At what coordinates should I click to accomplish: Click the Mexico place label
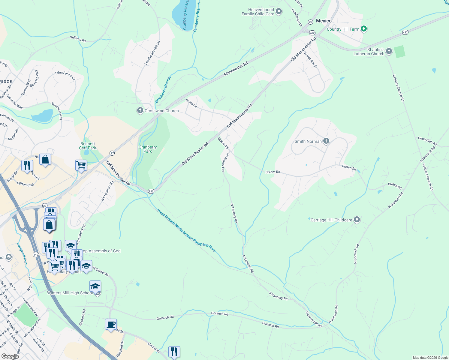[x=324, y=21]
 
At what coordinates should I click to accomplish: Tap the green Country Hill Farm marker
[x=364, y=29]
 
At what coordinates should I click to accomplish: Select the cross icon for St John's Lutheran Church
[x=389, y=51]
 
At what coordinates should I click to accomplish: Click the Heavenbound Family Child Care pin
[x=279, y=12]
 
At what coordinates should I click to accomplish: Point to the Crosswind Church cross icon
[x=140, y=110]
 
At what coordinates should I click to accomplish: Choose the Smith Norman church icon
[x=326, y=141]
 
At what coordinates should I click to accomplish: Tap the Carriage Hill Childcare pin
[x=357, y=220]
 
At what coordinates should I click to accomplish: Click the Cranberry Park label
[x=148, y=149]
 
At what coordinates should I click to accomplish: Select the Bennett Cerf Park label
[x=88, y=146]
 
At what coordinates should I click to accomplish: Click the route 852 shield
[x=151, y=191]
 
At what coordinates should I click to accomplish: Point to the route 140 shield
[x=36, y=254]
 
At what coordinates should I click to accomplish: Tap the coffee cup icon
[x=111, y=324]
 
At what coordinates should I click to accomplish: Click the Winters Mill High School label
[x=70, y=293]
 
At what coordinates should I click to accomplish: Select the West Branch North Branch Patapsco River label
[x=186, y=230]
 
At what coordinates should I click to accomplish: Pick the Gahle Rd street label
[x=191, y=103]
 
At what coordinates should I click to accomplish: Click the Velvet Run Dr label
[x=310, y=60]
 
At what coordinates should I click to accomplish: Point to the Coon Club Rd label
[x=427, y=141]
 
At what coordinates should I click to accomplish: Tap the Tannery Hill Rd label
[x=314, y=319]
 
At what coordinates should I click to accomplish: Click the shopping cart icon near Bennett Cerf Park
[x=81, y=165]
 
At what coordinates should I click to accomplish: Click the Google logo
[x=10, y=356]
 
